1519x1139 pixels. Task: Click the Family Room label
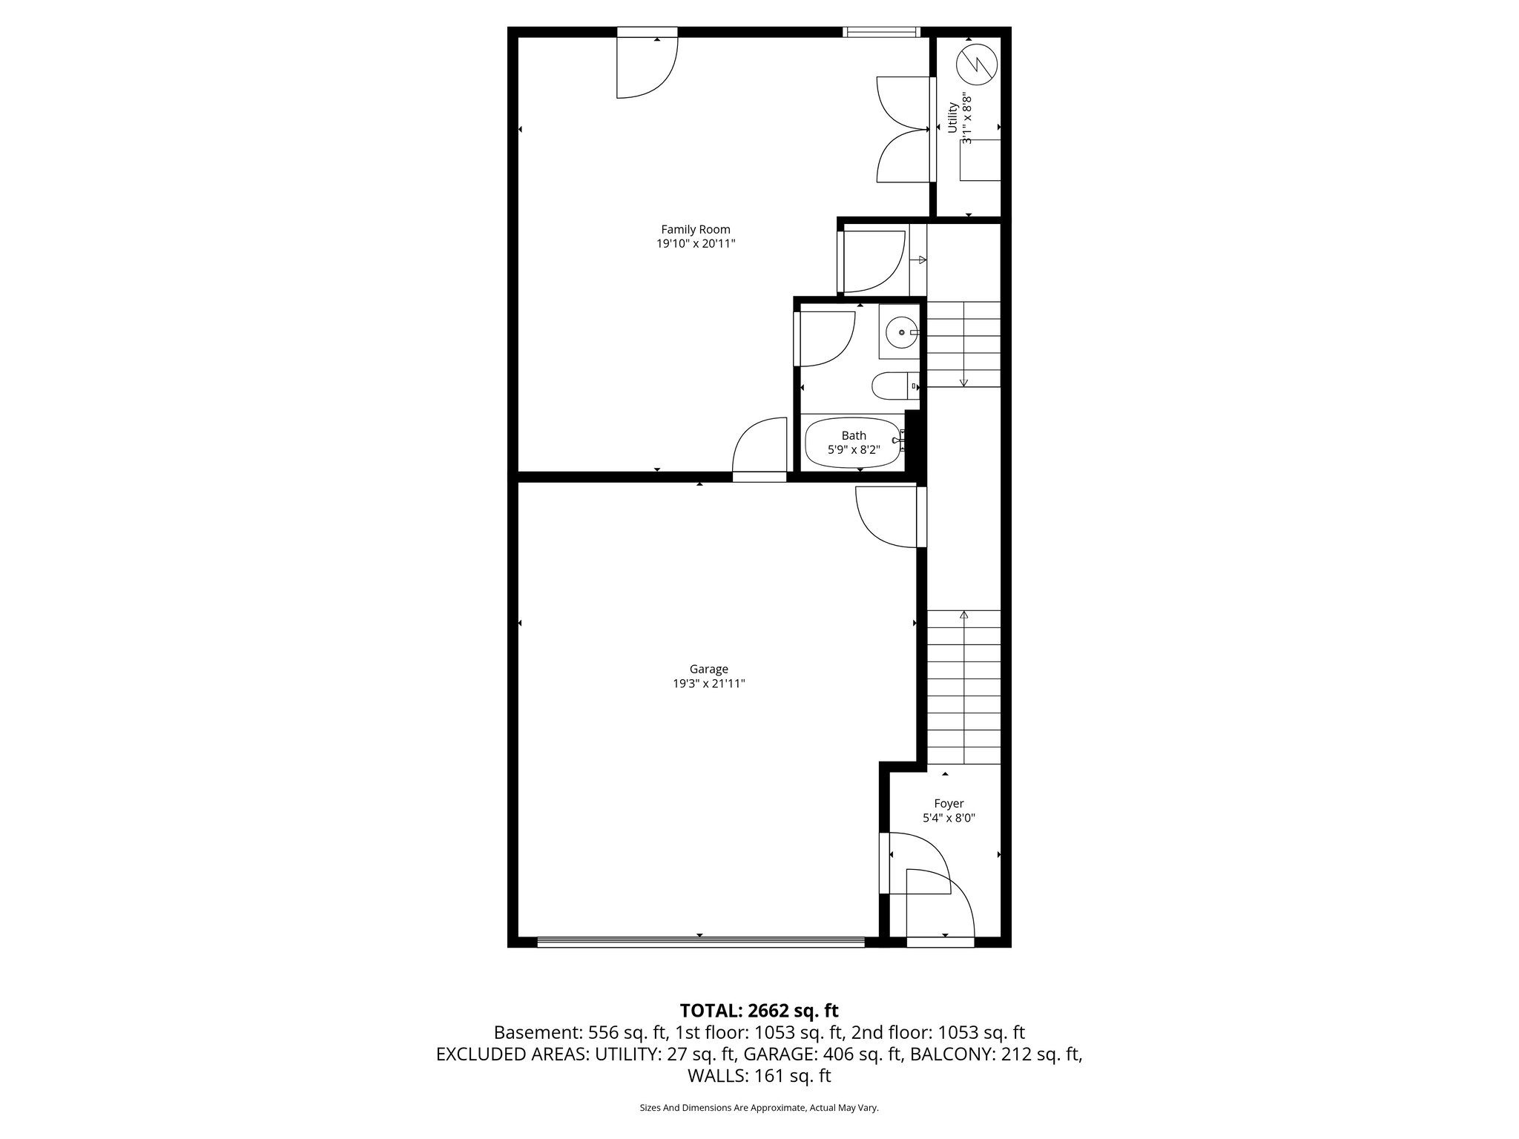695,230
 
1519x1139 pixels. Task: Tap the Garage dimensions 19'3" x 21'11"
708,684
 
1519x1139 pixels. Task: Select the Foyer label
949,804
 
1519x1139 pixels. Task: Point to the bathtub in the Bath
853,443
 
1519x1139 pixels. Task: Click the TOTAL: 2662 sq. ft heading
759,1011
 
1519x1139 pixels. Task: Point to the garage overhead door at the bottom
700,942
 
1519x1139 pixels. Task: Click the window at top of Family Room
881,32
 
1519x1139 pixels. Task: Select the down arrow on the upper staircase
963,380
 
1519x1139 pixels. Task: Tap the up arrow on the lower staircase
963,615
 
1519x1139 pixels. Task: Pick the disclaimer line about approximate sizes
759,1108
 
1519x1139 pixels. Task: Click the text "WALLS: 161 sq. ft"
759,1076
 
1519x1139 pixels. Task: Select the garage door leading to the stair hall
889,517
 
